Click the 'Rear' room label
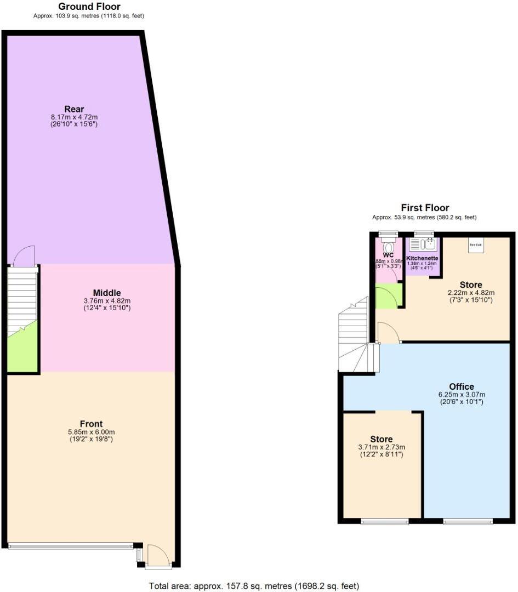tap(74, 109)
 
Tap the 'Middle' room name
tap(107, 293)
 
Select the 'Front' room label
tap(91, 424)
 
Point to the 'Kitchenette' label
tap(422, 258)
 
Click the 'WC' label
tap(389, 255)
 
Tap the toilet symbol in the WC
tap(389, 245)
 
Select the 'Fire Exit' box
tap(475, 245)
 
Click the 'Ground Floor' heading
tap(89, 7)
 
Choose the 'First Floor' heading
tap(425, 208)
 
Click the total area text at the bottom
tap(254, 585)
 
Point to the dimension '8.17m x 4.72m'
tap(74, 117)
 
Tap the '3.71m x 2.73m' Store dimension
tap(382, 447)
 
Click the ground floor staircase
tap(22, 299)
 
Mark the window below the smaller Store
tap(385, 521)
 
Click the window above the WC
tap(389, 234)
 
